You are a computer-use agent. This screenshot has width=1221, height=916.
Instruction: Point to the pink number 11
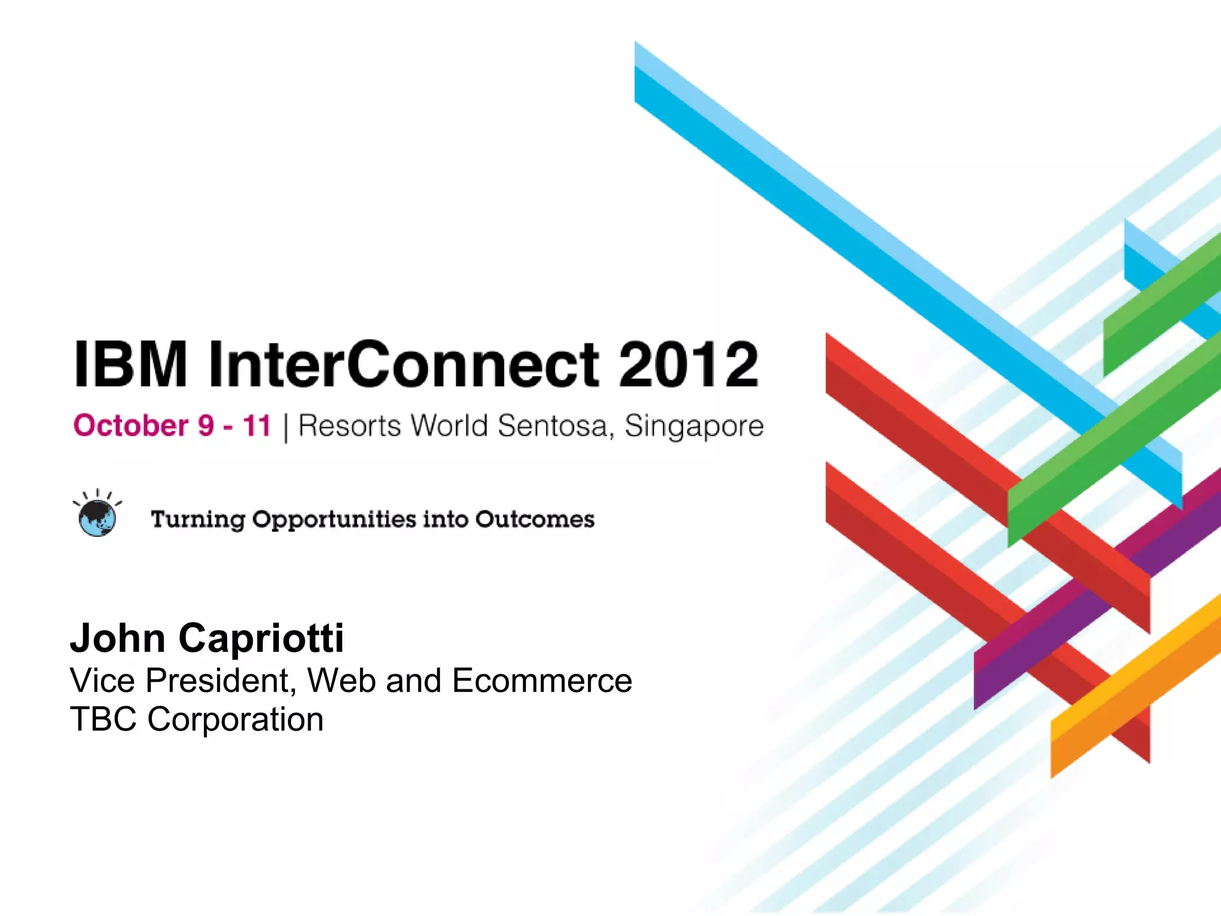coord(257,426)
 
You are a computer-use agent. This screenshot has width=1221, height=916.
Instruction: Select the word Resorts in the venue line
coord(349,426)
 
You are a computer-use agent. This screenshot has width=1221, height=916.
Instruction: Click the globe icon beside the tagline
coord(97,518)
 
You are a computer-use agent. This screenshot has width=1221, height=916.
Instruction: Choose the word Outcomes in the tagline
coord(535,519)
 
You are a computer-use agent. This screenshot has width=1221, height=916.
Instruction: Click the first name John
coord(117,638)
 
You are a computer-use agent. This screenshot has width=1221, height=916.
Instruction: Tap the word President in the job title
coord(221,680)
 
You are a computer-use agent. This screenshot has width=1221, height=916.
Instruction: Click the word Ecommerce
coord(542,680)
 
